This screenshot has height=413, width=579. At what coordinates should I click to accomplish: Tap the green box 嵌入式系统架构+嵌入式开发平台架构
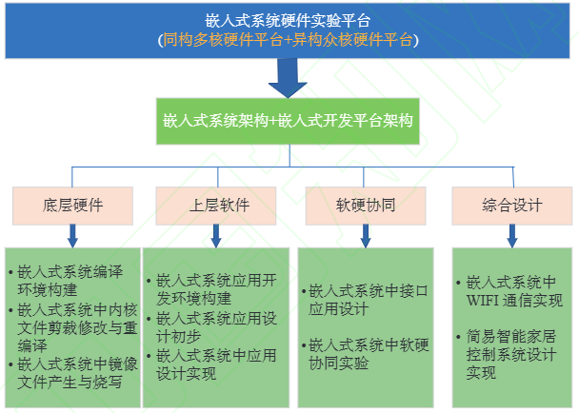(289, 122)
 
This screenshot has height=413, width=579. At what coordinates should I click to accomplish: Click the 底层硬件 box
(72, 205)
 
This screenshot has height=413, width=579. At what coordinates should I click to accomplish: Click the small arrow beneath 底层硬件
(71, 235)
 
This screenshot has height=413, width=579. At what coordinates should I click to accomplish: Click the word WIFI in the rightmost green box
(485, 301)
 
